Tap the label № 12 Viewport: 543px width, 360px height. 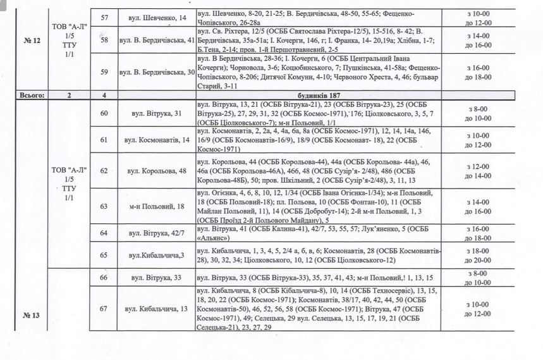32,40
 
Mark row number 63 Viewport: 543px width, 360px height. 104,206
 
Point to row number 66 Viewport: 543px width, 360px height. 104,278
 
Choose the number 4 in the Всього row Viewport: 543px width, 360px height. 104,96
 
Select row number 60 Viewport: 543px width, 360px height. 104,113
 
